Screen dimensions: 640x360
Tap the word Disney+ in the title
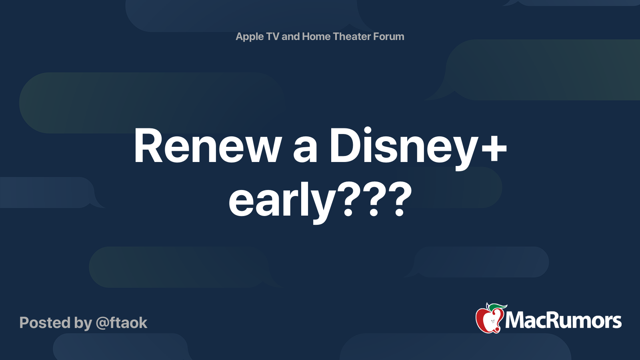418,148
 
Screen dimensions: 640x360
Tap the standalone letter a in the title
305,150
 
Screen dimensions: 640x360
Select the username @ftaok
122,323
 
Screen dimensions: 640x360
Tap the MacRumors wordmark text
563,321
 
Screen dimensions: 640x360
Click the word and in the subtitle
290,36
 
